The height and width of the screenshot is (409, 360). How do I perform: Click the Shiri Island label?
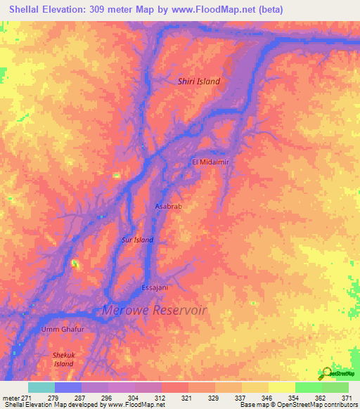point(198,82)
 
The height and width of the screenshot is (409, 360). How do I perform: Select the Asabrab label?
point(168,207)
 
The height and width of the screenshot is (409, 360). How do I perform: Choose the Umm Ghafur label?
point(63,330)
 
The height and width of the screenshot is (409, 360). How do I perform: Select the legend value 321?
point(187,398)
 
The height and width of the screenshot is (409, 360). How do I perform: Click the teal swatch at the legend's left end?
point(41,387)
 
